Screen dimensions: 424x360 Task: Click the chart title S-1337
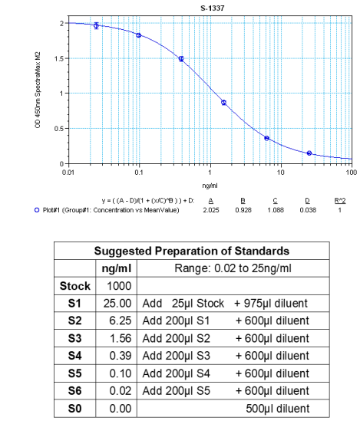point(208,8)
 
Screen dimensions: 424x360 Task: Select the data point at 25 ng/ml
point(309,153)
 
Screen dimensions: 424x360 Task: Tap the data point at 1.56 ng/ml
point(223,102)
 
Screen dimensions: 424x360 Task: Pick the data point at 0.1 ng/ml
point(139,35)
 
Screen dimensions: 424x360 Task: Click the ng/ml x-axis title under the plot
point(209,184)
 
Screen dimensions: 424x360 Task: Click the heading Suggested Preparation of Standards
point(192,251)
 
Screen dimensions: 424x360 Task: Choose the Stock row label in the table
point(75,285)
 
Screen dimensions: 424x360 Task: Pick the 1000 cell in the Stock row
point(114,285)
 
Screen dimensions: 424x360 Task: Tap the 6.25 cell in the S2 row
point(114,321)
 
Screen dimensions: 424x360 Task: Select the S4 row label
point(75,357)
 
